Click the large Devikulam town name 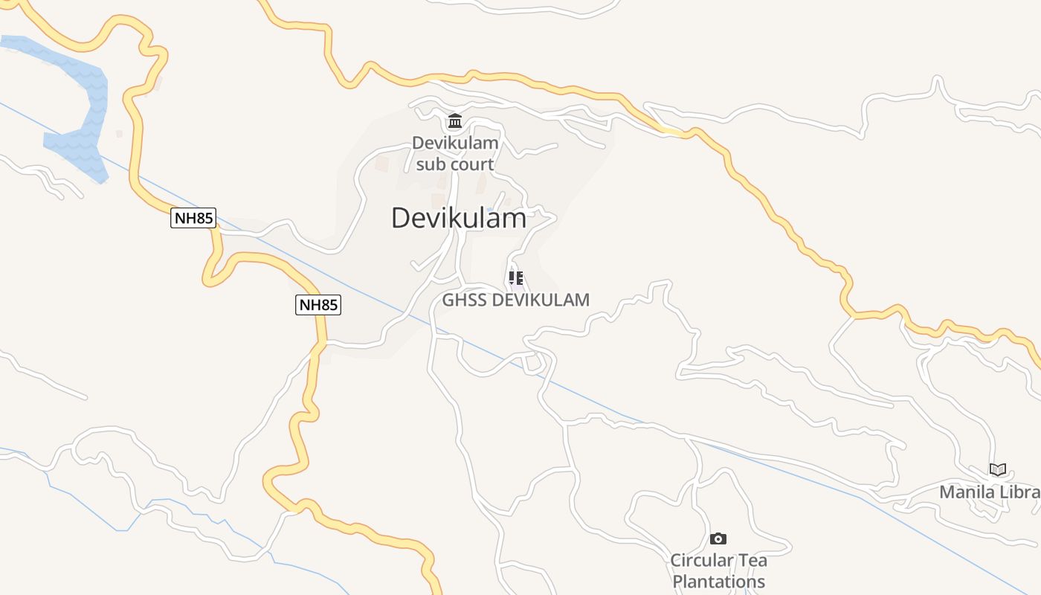click(459, 218)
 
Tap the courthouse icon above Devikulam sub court click(455, 121)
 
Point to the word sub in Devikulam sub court click(431, 164)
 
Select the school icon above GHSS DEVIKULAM click(515, 279)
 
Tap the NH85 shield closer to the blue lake click(193, 219)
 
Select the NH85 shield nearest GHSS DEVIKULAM click(318, 305)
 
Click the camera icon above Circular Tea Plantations click(718, 538)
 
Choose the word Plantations click(719, 582)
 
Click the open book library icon click(998, 469)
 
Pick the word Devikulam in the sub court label click(455, 143)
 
